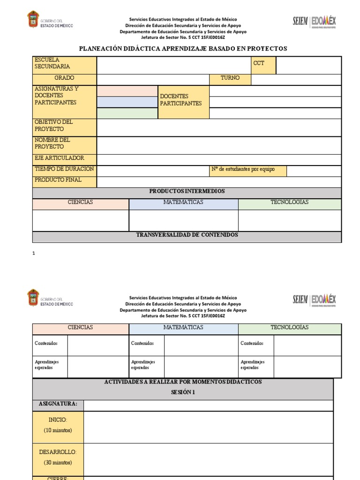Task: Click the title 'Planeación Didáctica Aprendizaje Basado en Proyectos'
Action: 183,49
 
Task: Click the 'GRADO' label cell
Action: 64,78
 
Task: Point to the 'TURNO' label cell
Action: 230,78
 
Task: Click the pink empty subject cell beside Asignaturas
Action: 127,91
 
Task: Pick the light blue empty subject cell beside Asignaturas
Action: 127,102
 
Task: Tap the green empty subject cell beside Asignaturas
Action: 127,113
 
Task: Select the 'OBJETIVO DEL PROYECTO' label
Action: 53,126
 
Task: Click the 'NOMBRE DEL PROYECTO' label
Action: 52,143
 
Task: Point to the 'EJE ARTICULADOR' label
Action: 59,158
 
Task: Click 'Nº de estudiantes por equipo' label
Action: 243,170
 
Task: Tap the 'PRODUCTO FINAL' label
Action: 58,180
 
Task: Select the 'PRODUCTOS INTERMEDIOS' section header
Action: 187,191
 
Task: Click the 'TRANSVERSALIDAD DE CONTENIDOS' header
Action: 187,235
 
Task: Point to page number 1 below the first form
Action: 34,253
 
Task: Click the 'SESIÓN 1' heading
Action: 183,392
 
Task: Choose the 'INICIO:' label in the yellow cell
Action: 58,420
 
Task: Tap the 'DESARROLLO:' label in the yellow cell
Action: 58,452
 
